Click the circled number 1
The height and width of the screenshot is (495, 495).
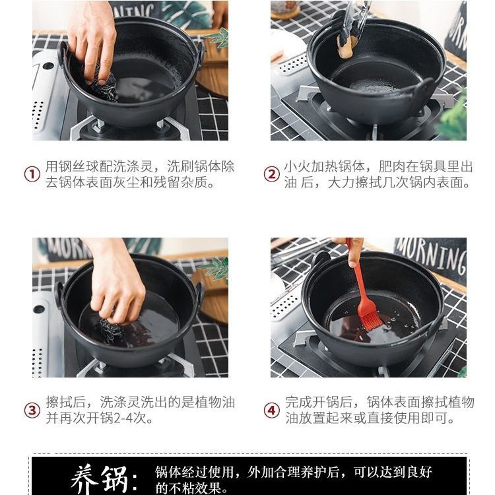coord(32,174)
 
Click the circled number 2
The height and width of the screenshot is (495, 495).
coord(272,174)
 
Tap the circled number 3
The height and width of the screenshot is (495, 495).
coord(32,411)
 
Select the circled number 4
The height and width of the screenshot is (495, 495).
coord(272,411)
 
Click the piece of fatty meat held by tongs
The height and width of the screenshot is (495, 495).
coord(347,47)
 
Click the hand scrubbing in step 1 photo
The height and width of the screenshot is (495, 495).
coord(92,41)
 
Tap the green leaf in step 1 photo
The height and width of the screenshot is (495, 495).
coord(218,37)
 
